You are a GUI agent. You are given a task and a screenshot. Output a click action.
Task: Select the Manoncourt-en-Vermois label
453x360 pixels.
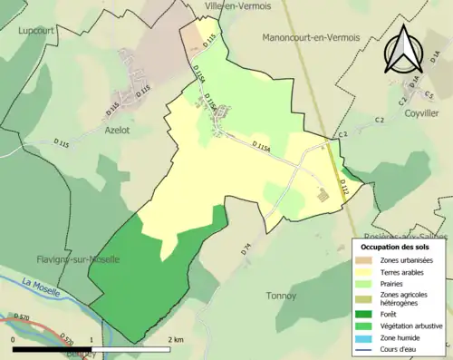[310, 38]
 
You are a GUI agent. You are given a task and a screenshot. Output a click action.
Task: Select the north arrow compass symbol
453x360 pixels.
[404, 47]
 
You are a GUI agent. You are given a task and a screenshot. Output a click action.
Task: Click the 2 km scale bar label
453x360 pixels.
[177, 339]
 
